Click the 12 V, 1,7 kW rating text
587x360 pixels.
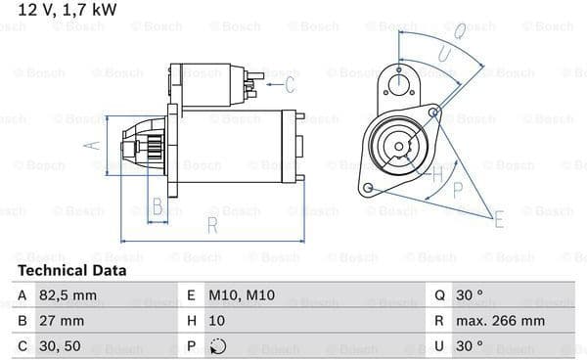pyautogui.click(x=68, y=10)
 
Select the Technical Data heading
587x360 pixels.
pyautogui.click(x=71, y=271)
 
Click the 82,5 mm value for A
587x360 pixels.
pyautogui.click(x=68, y=295)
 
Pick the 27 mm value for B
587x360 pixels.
pyautogui.click(x=62, y=321)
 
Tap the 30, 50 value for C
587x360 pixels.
pyautogui.click(x=60, y=346)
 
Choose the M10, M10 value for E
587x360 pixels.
pyautogui.click(x=242, y=295)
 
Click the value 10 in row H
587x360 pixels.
pyautogui.click(x=217, y=321)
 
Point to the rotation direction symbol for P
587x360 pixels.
pyautogui.click(x=218, y=346)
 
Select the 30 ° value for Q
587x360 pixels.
pyautogui.click(x=470, y=295)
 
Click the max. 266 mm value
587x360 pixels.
pyautogui.click(x=500, y=321)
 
